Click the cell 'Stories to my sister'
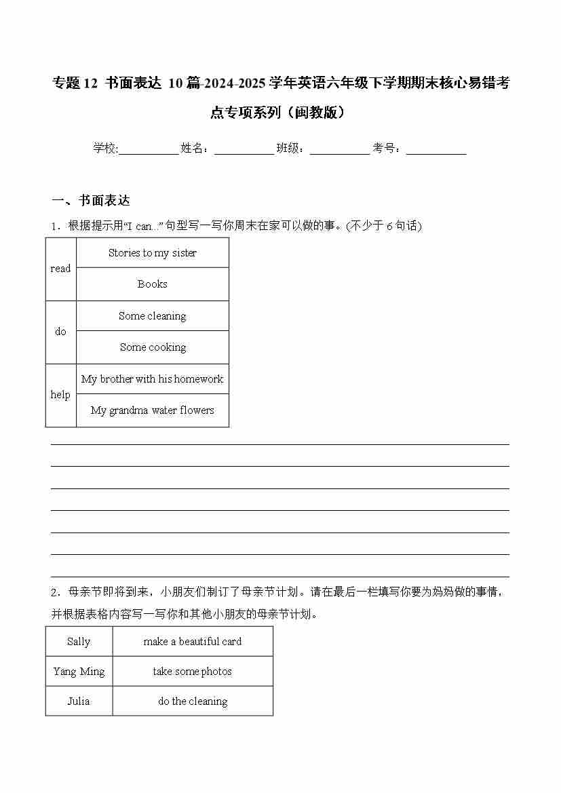(153, 253)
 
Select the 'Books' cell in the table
(153, 284)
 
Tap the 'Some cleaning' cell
(153, 316)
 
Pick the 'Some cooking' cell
(153, 347)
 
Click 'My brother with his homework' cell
(153, 379)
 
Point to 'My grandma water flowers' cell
(153, 410)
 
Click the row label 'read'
(60, 269)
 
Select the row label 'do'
(60, 332)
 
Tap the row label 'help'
(60, 395)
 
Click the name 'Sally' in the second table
(79, 642)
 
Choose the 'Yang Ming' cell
(79, 672)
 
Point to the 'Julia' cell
(79, 701)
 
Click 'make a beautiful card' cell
(193, 642)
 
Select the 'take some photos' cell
(193, 672)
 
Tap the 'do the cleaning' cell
(193, 701)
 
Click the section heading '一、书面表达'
(91, 201)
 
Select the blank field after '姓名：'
(244, 149)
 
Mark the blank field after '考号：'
(436, 149)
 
